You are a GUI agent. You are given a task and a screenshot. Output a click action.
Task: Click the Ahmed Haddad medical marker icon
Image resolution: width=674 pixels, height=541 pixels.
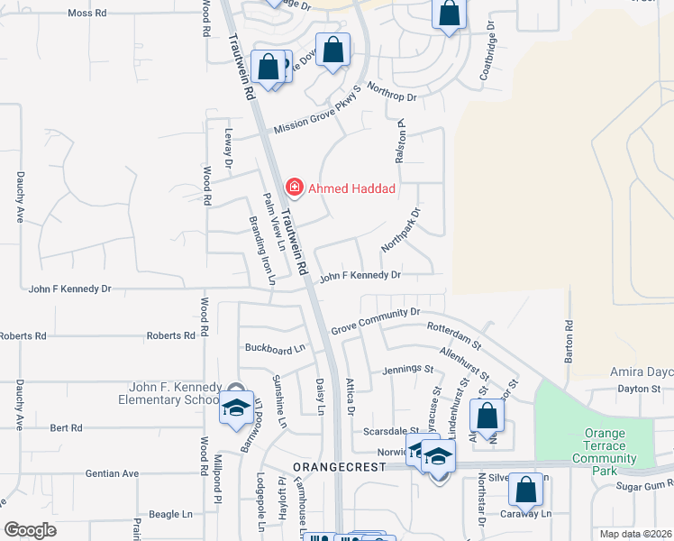[293, 188]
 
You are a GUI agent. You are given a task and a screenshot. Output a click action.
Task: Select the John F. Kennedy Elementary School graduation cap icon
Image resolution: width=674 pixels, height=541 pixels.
[235, 409]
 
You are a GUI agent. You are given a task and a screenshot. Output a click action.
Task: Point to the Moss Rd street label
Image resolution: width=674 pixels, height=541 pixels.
[87, 14]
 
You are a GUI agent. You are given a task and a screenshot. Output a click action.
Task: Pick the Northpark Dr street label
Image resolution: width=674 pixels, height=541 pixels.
[401, 230]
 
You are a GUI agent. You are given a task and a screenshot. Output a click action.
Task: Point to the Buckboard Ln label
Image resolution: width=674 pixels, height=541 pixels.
[276, 347]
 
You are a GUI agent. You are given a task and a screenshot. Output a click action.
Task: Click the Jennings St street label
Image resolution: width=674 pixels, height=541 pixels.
[408, 369]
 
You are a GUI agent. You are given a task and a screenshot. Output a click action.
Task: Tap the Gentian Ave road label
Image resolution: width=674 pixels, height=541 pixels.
[113, 473]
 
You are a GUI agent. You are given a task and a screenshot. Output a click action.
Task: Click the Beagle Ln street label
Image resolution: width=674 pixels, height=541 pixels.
[171, 514]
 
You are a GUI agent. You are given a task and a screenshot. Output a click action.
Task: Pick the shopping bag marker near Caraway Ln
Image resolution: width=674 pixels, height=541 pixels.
[525, 491]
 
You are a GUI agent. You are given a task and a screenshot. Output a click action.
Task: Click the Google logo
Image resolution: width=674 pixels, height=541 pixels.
[30, 530]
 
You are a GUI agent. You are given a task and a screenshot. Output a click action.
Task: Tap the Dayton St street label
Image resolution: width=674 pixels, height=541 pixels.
[640, 389]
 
